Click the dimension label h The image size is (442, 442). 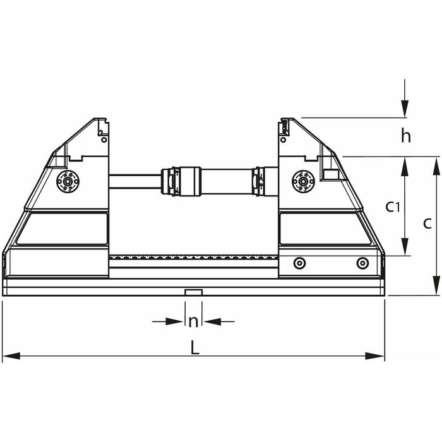click(x=406, y=136)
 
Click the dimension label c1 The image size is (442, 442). click(x=393, y=207)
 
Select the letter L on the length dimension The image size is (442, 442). click(x=194, y=347)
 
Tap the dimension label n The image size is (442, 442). click(x=193, y=321)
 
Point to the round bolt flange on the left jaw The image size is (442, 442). click(x=68, y=181)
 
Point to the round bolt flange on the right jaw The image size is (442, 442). click(x=303, y=181)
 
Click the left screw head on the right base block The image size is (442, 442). click(x=299, y=263)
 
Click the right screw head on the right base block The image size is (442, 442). click(x=362, y=263)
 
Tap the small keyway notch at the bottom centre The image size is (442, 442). click(x=194, y=292)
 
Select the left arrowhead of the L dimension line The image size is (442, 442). click(x=11, y=355)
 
